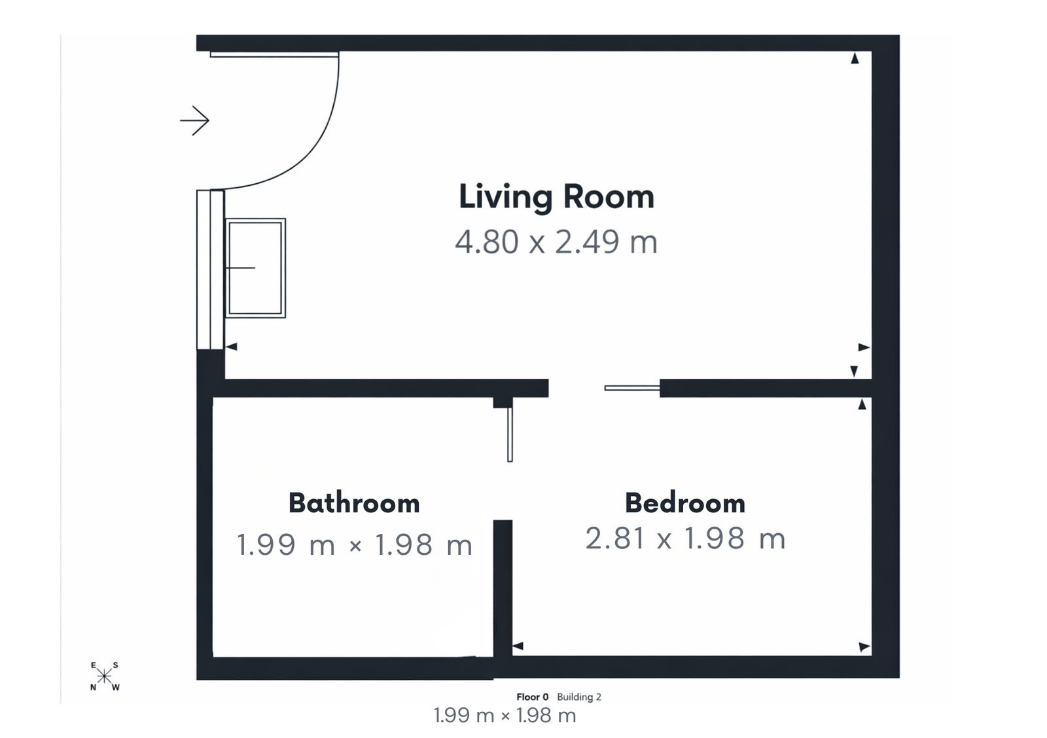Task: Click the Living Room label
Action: point(556,197)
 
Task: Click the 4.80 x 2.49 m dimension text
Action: point(556,242)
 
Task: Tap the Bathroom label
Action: point(354,503)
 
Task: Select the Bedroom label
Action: point(685,503)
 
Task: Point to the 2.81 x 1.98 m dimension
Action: point(685,538)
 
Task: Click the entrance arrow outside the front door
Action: point(194,120)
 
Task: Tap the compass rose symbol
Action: point(105,676)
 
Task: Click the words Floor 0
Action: point(533,697)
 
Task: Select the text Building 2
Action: point(579,697)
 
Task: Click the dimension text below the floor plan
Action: point(505,716)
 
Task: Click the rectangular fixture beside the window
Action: point(255,268)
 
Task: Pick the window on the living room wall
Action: point(210,269)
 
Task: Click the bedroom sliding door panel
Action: point(631,388)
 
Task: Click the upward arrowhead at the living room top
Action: point(854,59)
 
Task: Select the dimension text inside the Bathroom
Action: point(354,545)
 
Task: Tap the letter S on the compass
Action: point(116,665)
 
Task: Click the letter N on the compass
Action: point(93,688)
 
